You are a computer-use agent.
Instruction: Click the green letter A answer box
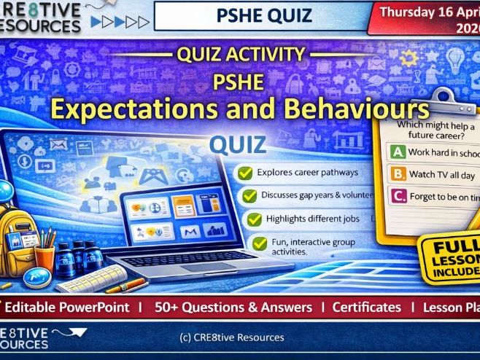click(x=398, y=152)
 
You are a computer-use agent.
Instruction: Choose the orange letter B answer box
click(x=398, y=174)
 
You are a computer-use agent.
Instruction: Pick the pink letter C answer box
click(x=398, y=195)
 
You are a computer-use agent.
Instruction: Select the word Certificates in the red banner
click(x=366, y=308)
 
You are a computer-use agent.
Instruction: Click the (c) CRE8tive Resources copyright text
click(x=231, y=337)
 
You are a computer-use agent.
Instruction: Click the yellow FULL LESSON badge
click(x=455, y=251)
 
